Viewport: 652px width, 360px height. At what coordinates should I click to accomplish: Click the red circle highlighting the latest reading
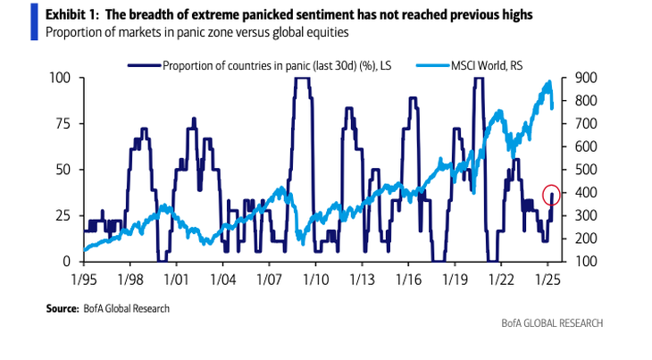coord(552,194)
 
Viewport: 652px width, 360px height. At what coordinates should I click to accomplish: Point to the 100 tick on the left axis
coord(63,78)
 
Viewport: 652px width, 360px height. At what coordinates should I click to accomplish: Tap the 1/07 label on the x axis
coord(270,279)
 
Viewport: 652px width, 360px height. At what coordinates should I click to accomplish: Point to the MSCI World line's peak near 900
coord(548,81)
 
